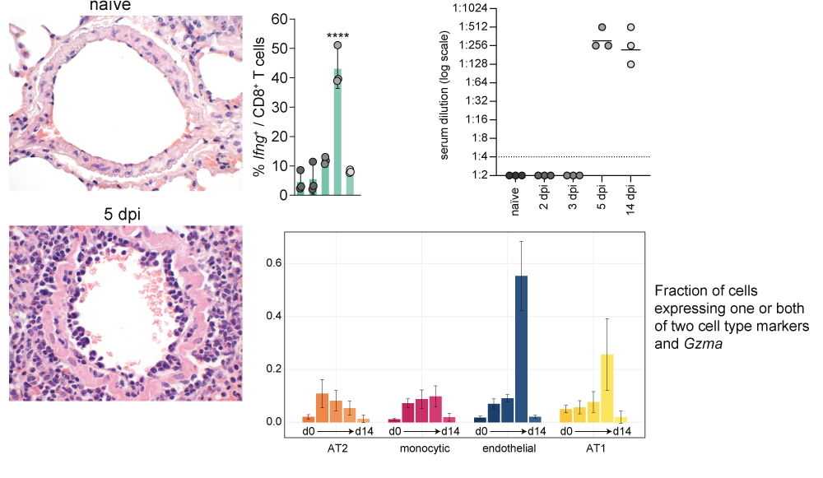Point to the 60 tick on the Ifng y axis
click(x=280, y=19)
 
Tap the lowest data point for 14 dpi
click(x=631, y=63)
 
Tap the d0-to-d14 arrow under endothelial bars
click(x=508, y=431)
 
